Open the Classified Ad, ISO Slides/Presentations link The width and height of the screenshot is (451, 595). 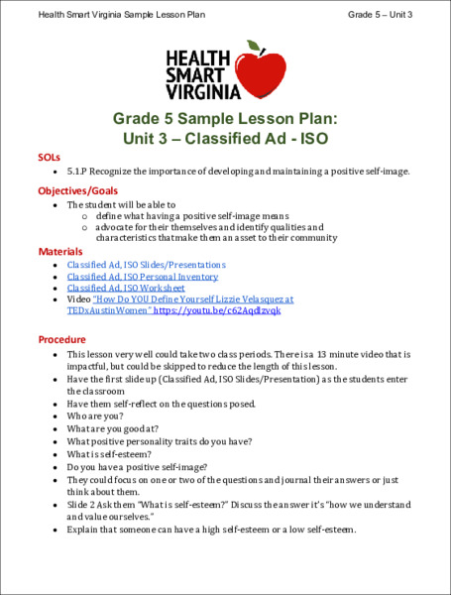pos(146,265)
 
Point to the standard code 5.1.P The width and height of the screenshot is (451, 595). pos(79,171)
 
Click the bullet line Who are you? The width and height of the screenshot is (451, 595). pos(96,416)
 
